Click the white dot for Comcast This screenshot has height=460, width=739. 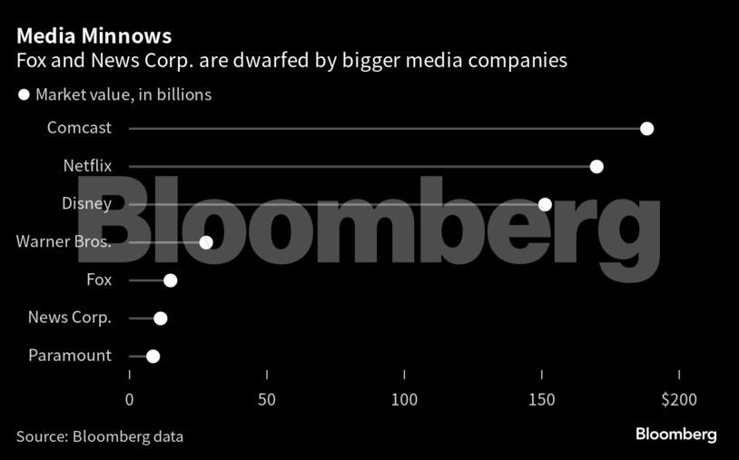point(646,128)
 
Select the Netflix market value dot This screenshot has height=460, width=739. point(596,166)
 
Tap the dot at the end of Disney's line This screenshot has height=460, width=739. point(545,204)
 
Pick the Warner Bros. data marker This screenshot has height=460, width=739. point(206,242)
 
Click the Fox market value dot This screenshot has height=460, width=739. point(170,280)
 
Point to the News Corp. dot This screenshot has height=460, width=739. point(161,318)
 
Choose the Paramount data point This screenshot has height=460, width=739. point(153,357)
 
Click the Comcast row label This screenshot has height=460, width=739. point(79,128)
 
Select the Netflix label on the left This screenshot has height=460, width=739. point(87,166)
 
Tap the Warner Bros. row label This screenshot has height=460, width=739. point(64,242)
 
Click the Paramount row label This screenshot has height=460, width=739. point(69,356)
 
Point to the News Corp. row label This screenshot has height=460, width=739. point(70,318)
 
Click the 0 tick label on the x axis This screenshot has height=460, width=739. point(129,399)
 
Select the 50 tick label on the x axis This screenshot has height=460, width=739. point(266,399)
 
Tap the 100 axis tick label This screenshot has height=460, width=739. point(404,399)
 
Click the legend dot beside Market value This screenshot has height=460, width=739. point(25,94)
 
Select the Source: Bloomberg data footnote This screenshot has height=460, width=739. point(100,436)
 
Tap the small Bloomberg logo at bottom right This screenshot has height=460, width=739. point(675,435)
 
